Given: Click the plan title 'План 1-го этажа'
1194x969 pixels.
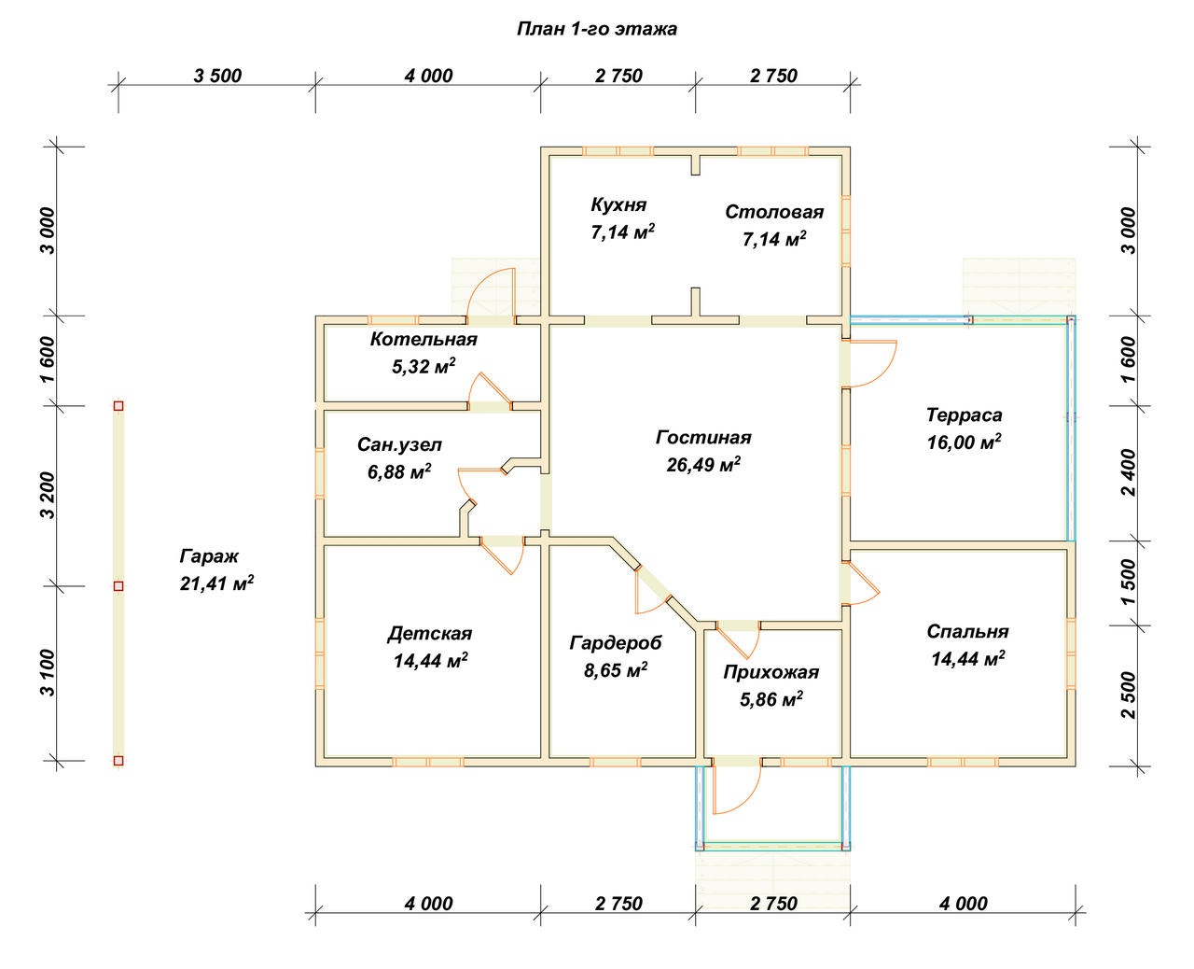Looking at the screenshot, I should (597, 29).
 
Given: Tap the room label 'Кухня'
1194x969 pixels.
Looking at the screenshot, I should (618, 204).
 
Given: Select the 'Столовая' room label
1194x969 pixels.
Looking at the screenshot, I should (774, 212).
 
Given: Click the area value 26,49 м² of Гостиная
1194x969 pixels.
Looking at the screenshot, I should (703, 465).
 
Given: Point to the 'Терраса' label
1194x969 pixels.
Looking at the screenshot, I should (964, 414).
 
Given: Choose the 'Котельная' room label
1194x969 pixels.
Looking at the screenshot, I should (423, 339).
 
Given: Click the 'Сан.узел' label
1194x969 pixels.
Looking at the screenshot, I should (399, 444).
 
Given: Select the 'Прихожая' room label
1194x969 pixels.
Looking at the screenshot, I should (771, 672).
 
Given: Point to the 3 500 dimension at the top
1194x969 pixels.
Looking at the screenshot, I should (217, 76).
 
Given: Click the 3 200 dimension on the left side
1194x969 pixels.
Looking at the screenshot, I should (49, 496).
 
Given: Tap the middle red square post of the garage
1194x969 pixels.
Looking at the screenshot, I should (118, 586).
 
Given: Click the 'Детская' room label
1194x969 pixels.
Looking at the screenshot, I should (429, 634).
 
